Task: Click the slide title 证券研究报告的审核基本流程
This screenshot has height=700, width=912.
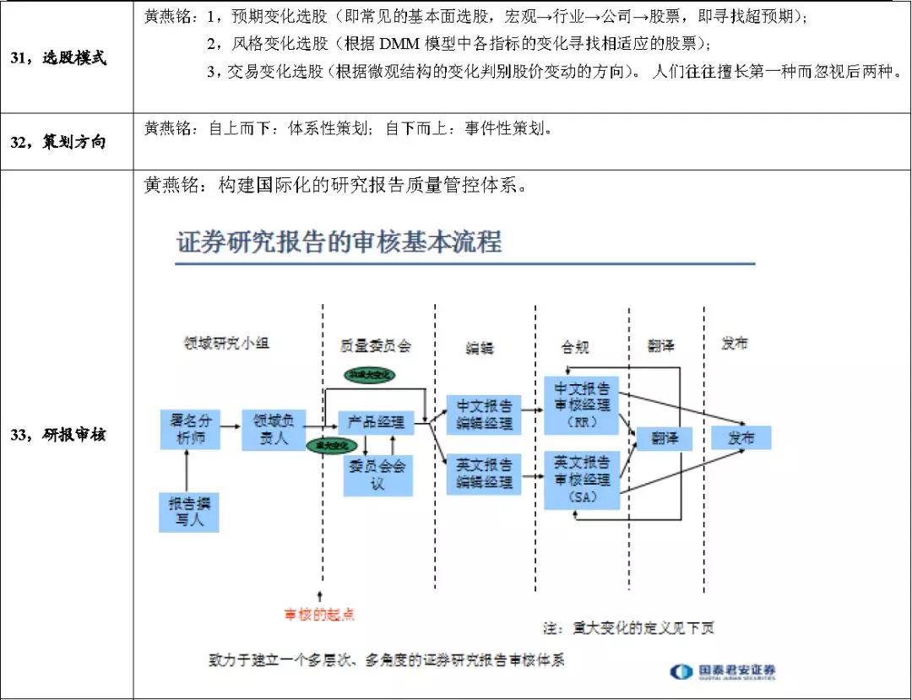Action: (x=339, y=243)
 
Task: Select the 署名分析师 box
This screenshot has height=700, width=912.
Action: (x=189, y=430)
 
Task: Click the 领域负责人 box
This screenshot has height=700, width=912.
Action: (x=272, y=430)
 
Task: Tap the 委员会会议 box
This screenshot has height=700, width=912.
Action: (x=377, y=475)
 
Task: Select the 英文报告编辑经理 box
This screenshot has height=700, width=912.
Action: (x=485, y=473)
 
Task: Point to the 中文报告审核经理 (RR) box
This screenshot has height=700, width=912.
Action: (x=582, y=404)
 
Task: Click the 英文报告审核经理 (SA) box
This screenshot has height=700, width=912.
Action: (x=582, y=480)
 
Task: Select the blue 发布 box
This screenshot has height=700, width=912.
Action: (x=740, y=437)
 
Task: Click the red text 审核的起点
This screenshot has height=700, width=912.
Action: (x=319, y=614)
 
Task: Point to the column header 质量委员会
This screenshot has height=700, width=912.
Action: (x=376, y=345)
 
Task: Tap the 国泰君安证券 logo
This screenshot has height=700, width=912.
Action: (x=723, y=672)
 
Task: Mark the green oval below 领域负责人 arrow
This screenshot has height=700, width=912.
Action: (x=332, y=445)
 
